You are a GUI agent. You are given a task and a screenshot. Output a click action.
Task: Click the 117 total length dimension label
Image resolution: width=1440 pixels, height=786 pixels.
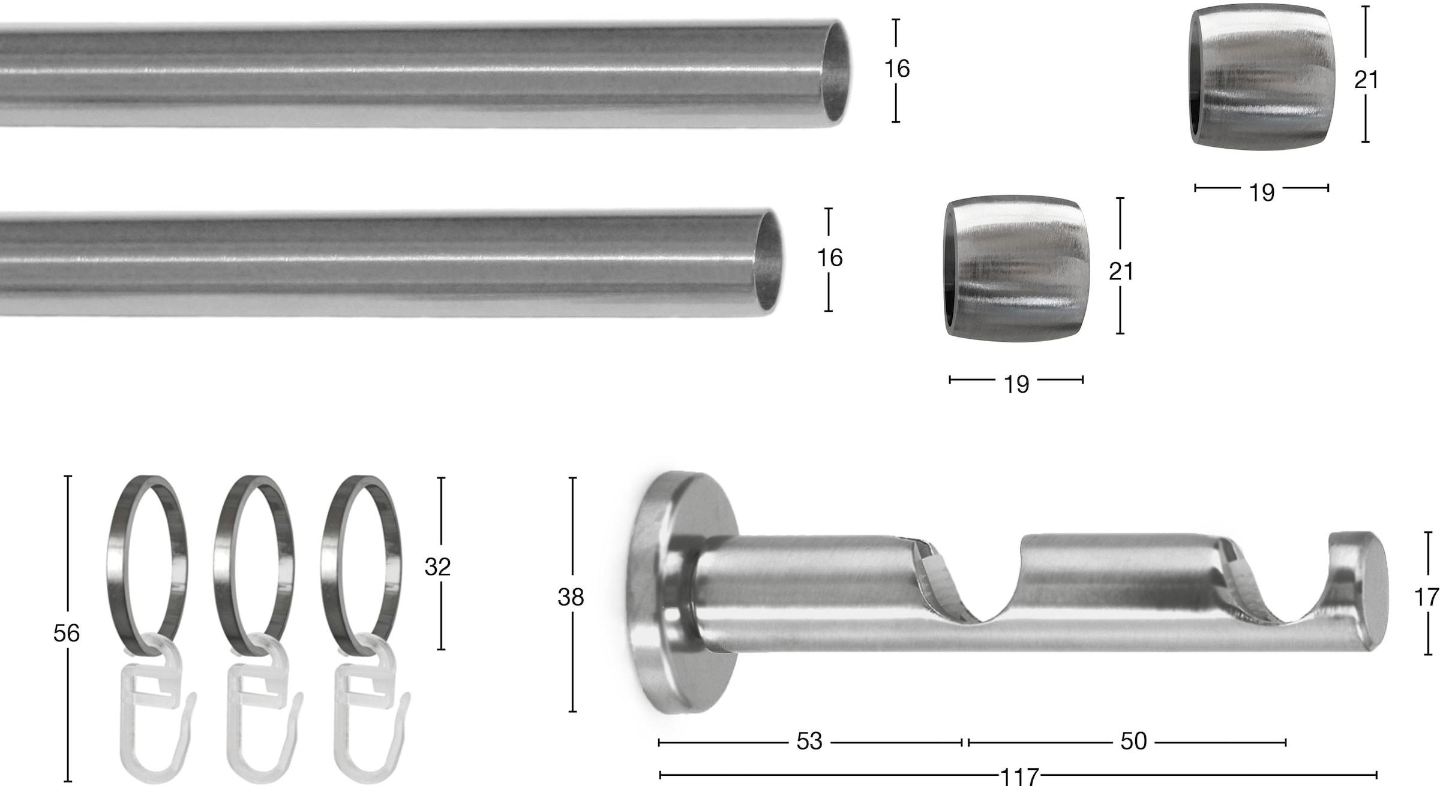(1019, 776)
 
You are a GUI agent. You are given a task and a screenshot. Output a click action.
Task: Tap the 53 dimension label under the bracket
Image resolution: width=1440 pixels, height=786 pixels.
(809, 742)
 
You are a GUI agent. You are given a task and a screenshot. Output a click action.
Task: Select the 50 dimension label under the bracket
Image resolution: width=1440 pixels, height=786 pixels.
(1133, 742)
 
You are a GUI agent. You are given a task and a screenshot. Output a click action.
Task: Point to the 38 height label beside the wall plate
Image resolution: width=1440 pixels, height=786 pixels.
(571, 597)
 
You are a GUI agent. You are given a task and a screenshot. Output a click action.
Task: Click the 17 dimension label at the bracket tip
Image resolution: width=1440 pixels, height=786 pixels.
(1426, 597)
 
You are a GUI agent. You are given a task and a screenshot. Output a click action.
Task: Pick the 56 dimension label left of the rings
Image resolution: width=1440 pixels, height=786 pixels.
(66, 633)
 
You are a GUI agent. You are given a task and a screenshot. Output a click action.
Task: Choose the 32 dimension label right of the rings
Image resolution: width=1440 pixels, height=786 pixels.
(437, 567)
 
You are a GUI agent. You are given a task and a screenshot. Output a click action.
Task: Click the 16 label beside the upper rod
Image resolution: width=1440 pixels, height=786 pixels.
(896, 69)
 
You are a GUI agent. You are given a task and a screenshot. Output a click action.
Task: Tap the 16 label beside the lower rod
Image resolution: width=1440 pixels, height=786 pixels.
(830, 258)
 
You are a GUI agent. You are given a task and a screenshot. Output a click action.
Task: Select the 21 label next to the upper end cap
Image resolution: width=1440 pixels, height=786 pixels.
(1366, 80)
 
